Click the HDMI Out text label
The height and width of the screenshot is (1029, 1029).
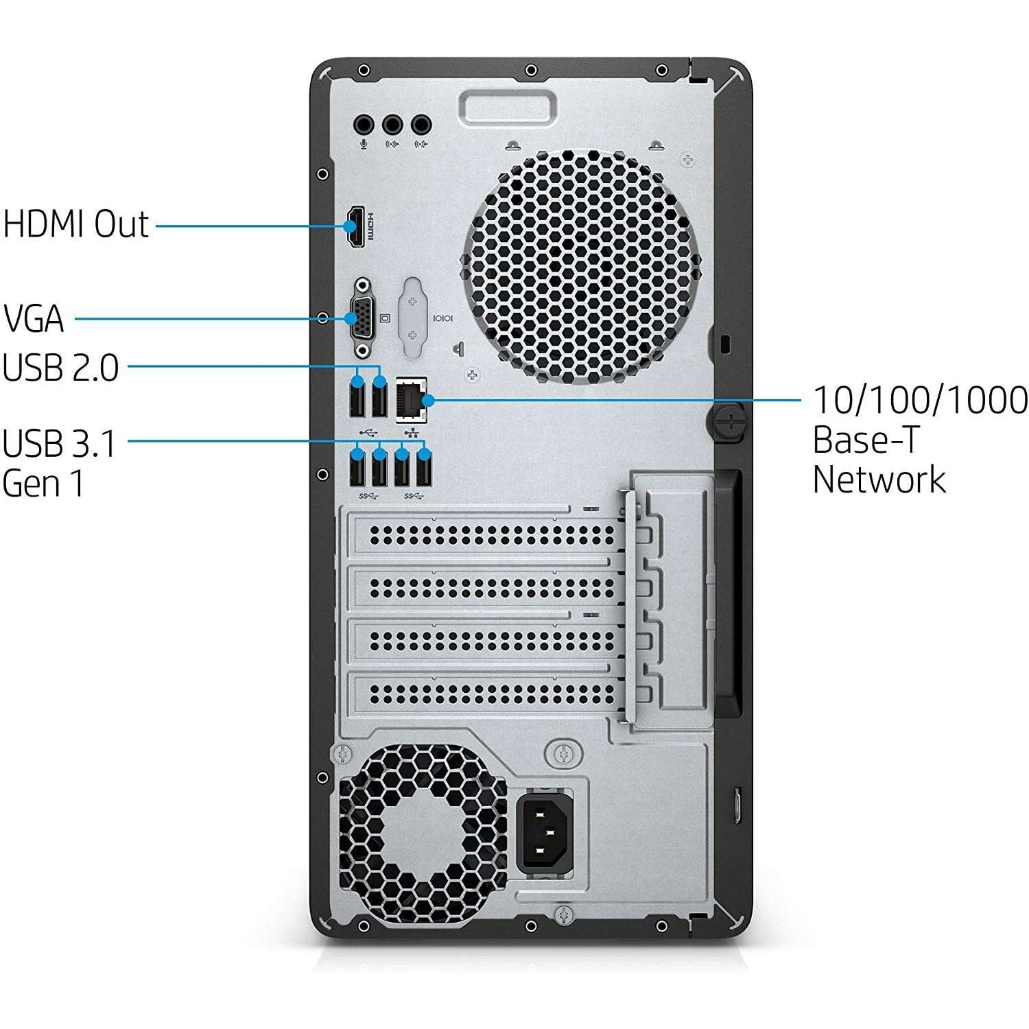pyautogui.click(x=75, y=224)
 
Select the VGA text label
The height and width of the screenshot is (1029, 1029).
pyautogui.click(x=34, y=319)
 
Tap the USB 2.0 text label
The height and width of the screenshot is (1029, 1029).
pyautogui.click(x=60, y=368)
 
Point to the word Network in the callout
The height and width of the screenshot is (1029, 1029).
pyautogui.click(x=879, y=480)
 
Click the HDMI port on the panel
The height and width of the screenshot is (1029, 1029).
pyautogui.click(x=354, y=226)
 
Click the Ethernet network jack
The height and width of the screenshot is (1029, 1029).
pyautogui.click(x=412, y=399)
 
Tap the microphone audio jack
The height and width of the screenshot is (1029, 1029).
pyautogui.click(x=364, y=126)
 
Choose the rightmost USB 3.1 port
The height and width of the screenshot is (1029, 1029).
pyautogui.click(x=425, y=471)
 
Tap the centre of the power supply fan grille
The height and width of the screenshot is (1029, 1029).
pyautogui.click(x=423, y=831)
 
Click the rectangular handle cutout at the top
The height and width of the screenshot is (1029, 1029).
pyautogui.click(x=507, y=106)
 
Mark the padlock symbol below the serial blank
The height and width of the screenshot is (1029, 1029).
pyautogui.click(x=459, y=348)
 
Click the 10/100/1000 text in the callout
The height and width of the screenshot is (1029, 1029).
pyautogui.click(x=920, y=400)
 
